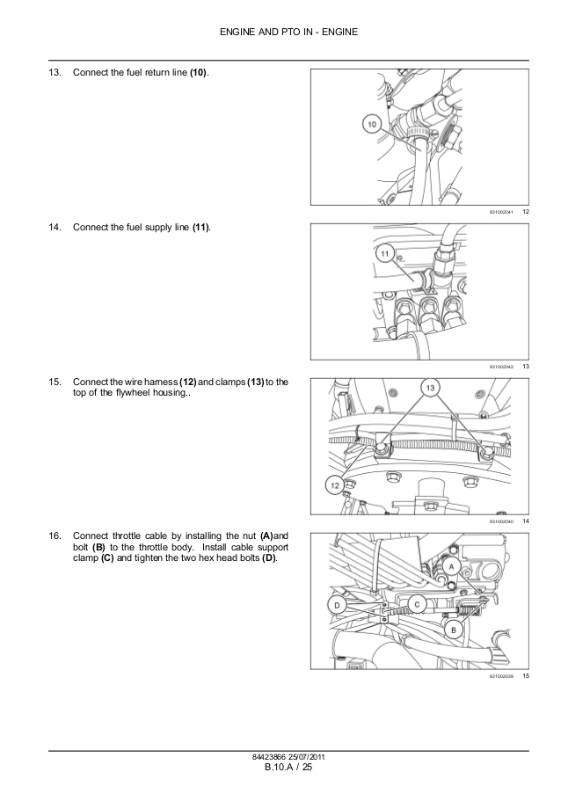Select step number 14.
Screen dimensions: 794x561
[x=55, y=227]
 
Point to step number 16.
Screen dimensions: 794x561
[x=55, y=535]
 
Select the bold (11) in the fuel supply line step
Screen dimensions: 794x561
[x=200, y=227]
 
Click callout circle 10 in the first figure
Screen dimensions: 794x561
[x=371, y=126]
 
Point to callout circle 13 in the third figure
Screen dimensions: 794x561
[x=430, y=388]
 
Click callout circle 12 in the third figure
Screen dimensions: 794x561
[x=334, y=483]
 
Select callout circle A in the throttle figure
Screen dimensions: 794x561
[x=452, y=568]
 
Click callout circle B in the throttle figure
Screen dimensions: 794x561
[x=454, y=630]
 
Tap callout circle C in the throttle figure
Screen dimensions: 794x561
[x=418, y=603]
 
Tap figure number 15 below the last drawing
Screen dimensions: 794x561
[x=525, y=675]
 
